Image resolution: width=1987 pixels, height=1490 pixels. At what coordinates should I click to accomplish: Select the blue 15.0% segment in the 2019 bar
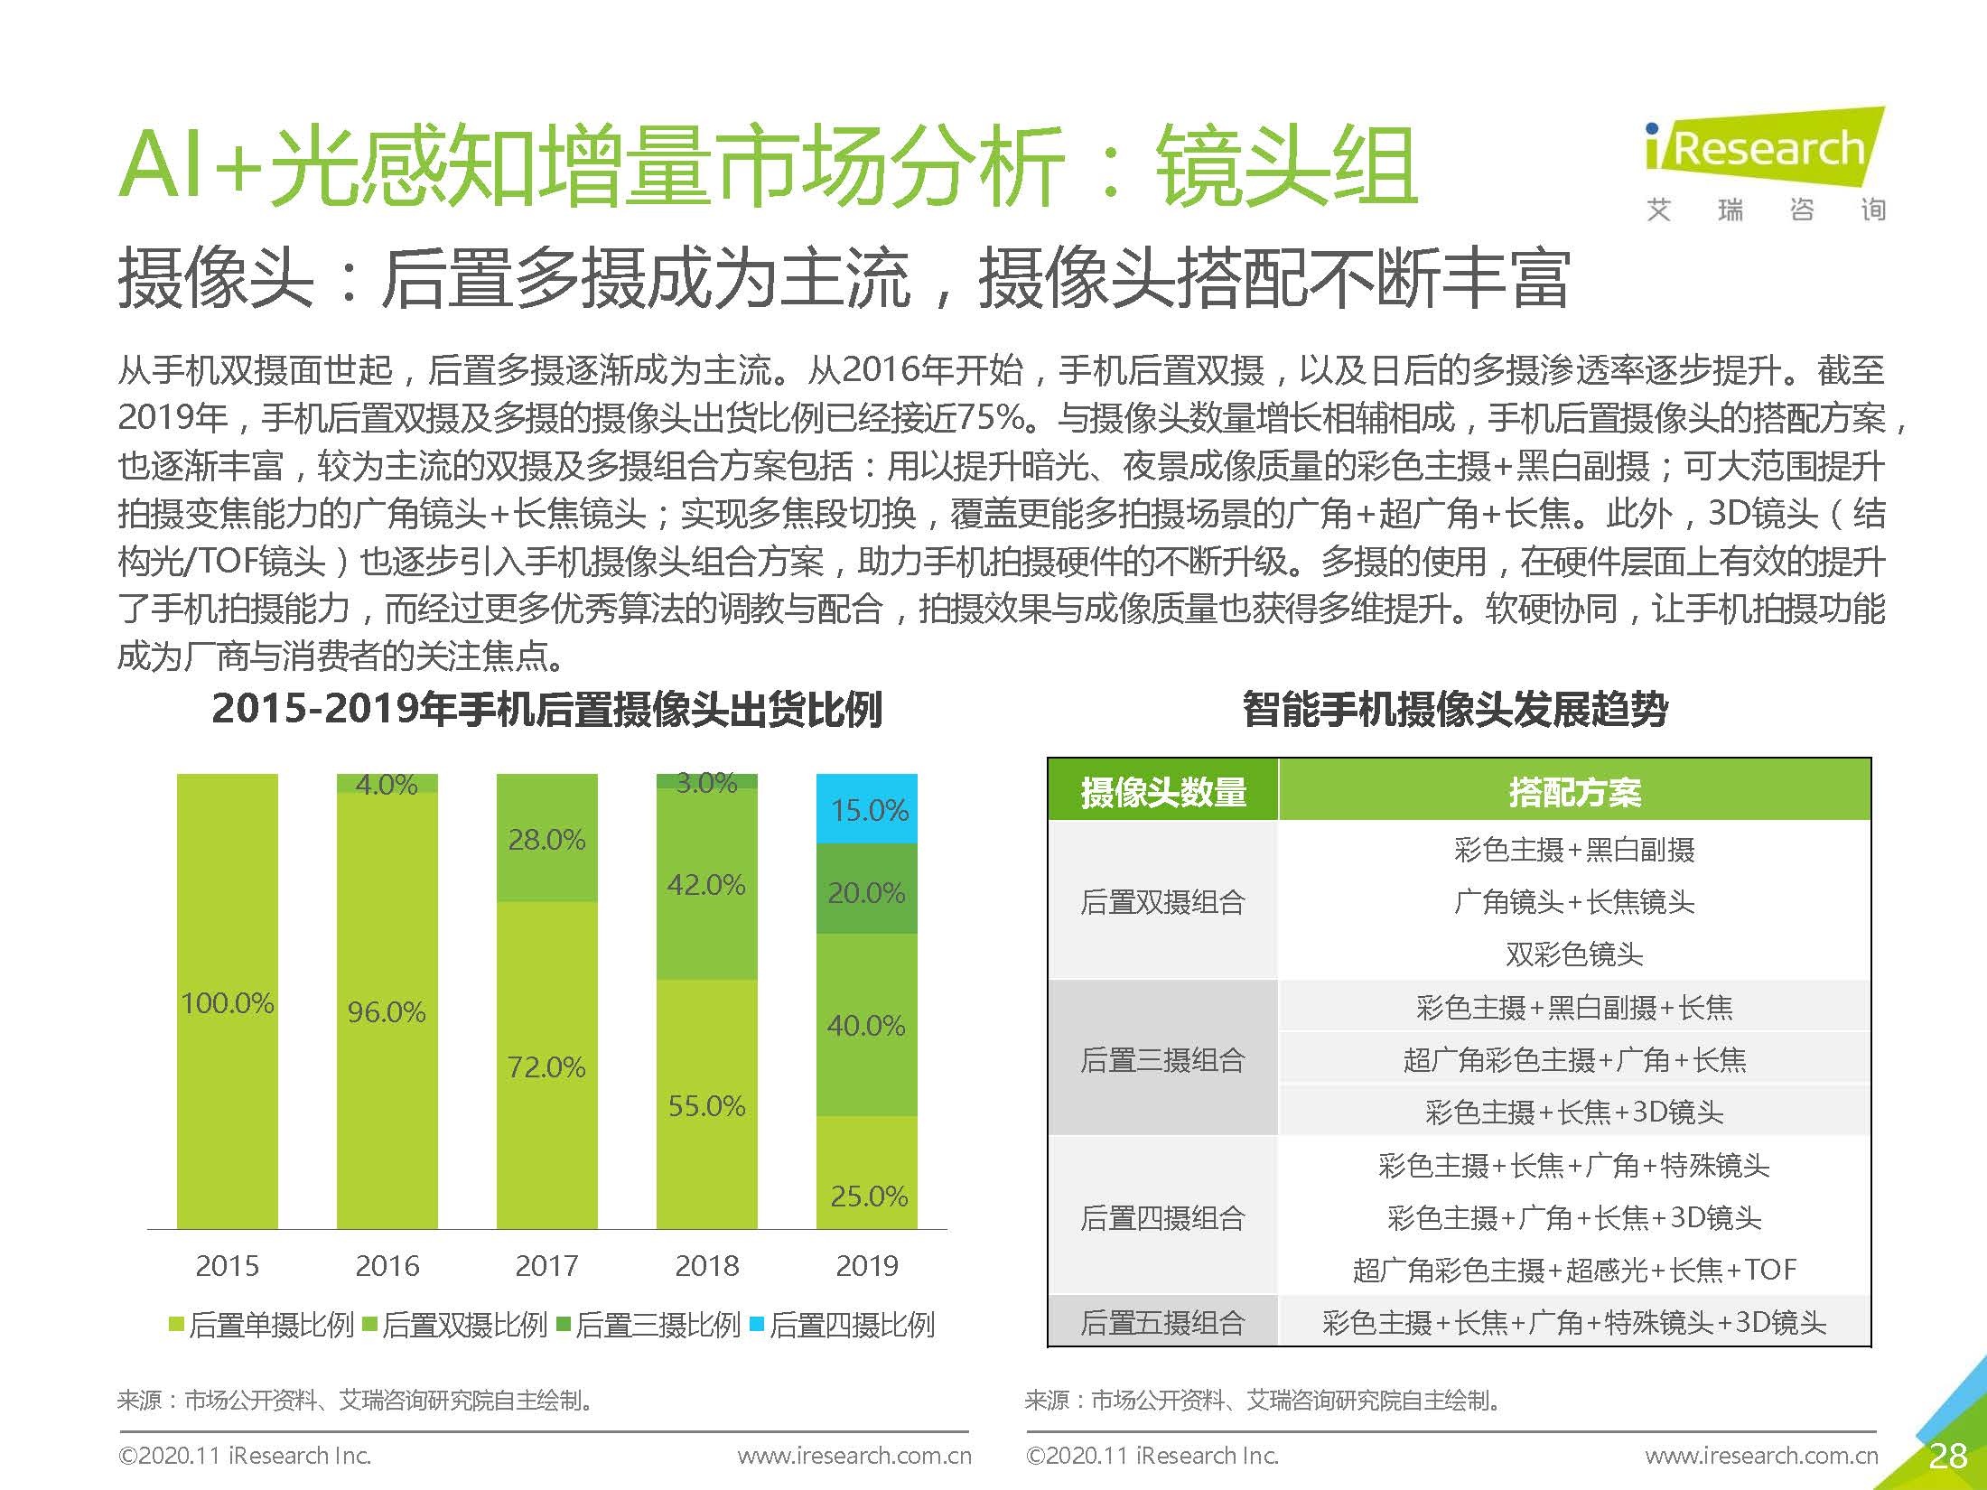pyautogui.click(x=867, y=809)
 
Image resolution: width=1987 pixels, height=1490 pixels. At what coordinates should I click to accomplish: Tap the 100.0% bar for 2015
pyautogui.click(x=227, y=1002)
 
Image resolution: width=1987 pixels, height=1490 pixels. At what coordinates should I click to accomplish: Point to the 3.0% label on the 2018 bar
pyautogui.click(x=706, y=782)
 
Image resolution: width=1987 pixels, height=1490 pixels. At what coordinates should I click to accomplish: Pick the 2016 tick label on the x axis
pyautogui.click(x=387, y=1266)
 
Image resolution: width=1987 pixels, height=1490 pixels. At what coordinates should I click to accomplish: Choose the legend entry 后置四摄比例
pyautogui.click(x=843, y=1325)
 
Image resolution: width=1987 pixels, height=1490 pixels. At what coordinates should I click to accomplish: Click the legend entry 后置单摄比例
pyautogui.click(x=262, y=1325)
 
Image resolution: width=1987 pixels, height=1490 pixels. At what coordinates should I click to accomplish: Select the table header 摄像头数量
pyautogui.click(x=1163, y=792)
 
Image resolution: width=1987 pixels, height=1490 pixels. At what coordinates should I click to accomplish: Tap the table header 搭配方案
pyautogui.click(x=1574, y=792)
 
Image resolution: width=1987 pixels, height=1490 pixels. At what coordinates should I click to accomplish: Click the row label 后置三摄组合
pyautogui.click(x=1163, y=1059)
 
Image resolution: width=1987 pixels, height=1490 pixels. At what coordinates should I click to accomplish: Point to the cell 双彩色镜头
pyautogui.click(x=1574, y=954)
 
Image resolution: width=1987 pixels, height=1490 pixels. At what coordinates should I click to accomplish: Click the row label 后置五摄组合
pyautogui.click(x=1163, y=1323)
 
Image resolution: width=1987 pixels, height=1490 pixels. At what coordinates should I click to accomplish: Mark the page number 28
pyautogui.click(x=1947, y=1456)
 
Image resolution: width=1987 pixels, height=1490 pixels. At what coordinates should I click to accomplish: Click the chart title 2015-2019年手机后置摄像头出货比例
pyautogui.click(x=546, y=709)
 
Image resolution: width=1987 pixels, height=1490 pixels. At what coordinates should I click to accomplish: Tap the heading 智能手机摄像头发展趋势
pyautogui.click(x=1455, y=709)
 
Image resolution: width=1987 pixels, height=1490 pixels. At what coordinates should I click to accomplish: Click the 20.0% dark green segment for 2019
pyautogui.click(x=867, y=892)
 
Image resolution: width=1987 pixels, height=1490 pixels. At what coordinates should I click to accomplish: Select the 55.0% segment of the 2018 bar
pyautogui.click(x=706, y=1105)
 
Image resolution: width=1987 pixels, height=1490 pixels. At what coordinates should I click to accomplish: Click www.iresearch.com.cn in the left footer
pyautogui.click(x=854, y=1456)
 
